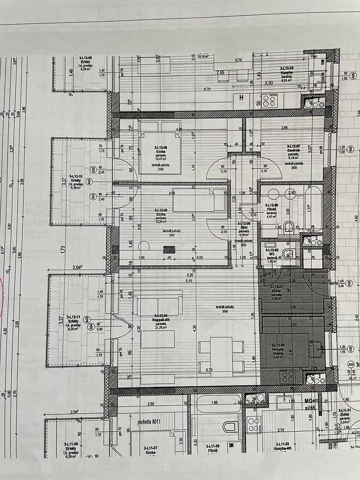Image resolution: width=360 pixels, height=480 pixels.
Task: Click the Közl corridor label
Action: click(x=243, y=227)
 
